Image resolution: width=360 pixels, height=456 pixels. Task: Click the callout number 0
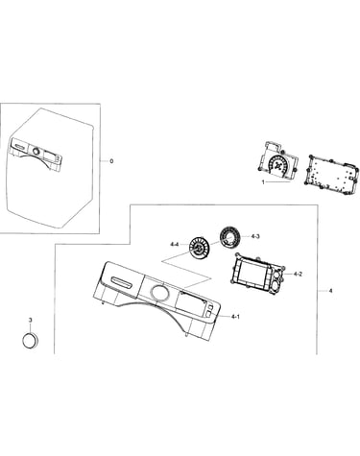click(111, 161)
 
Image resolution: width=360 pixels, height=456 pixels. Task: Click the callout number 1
click(263, 182)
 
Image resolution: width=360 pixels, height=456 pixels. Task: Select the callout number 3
click(31, 320)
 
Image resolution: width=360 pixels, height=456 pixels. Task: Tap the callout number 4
click(330, 291)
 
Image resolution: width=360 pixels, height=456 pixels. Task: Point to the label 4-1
click(235, 317)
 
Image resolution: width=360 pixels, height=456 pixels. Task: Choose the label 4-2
click(298, 274)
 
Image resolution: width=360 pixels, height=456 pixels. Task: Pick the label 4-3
click(255, 236)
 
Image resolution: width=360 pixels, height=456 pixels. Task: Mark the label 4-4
click(175, 245)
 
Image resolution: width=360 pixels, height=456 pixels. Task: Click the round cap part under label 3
click(30, 340)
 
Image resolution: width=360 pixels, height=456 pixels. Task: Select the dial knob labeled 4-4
click(199, 247)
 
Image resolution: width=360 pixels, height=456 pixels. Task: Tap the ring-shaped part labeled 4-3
click(230, 237)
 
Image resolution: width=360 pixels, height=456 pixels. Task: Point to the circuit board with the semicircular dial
click(277, 161)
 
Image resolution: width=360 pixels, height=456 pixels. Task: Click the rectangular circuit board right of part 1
click(330, 173)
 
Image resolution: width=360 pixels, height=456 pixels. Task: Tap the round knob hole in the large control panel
click(158, 293)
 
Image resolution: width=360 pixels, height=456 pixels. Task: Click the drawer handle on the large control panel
click(121, 282)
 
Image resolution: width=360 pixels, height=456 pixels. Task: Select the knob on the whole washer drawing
click(36, 151)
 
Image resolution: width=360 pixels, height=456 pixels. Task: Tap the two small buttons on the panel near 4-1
click(208, 310)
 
